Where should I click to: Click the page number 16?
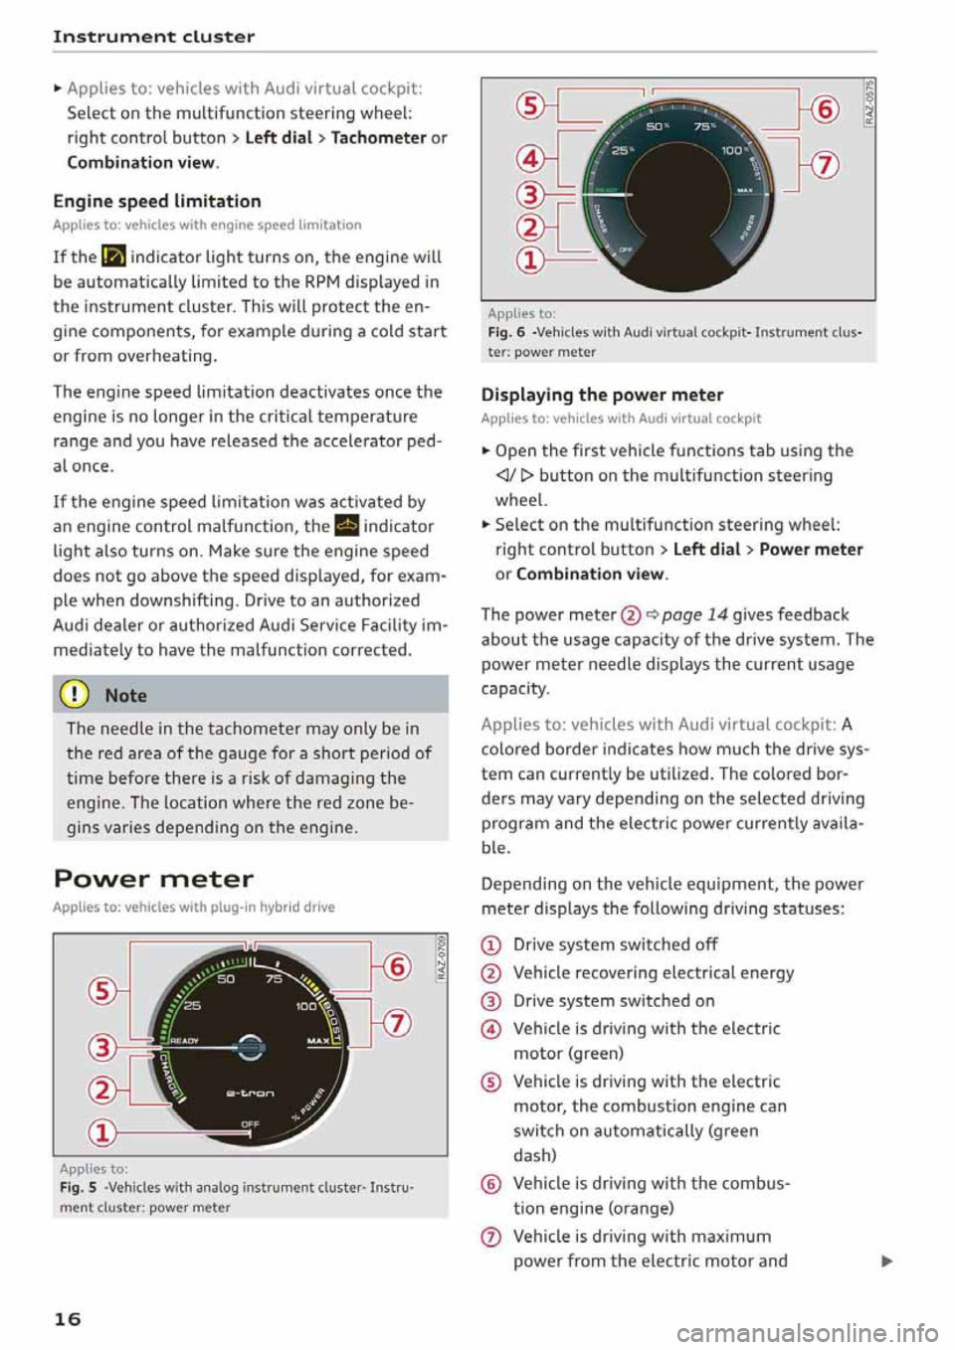(x=67, y=1319)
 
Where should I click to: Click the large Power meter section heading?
(x=153, y=879)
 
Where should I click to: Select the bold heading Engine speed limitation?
(x=157, y=201)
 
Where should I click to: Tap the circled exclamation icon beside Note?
(x=76, y=695)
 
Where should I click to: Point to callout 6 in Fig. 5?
(x=397, y=966)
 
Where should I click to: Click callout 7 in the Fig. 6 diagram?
(x=825, y=164)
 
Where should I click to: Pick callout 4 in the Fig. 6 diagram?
(x=531, y=159)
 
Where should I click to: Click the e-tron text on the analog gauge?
(x=250, y=1093)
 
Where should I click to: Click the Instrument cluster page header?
(x=154, y=37)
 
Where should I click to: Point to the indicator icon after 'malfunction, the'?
(x=346, y=527)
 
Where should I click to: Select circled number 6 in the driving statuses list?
(x=490, y=1184)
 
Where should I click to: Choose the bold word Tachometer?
(x=378, y=137)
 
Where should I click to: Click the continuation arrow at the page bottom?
(x=886, y=1262)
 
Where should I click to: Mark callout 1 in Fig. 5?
(x=102, y=1132)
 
